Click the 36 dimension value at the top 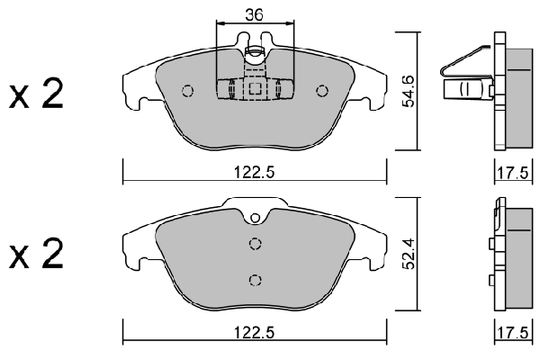(x=254, y=14)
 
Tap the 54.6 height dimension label (x=409, y=91)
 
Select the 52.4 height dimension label (x=409, y=253)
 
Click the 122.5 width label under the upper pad (x=255, y=172)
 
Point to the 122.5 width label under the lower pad (x=255, y=333)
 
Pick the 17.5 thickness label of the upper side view (x=512, y=173)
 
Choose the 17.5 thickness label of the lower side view (x=512, y=333)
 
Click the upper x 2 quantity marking (x=37, y=93)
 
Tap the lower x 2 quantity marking (x=37, y=254)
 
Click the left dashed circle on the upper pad (x=187, y=91)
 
